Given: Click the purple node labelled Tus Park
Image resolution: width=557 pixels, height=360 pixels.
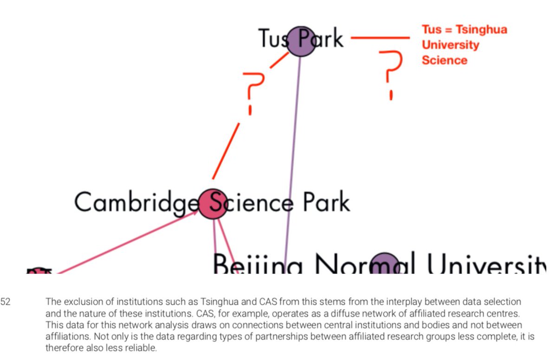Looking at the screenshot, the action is (x=301, y=41).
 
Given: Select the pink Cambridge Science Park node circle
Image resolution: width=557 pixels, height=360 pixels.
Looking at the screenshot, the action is (x=213, y=203).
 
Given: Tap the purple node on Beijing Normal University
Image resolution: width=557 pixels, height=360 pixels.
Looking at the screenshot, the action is (x=386, y=264).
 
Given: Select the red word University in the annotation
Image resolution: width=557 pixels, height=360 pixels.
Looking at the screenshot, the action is (x=450, y=45).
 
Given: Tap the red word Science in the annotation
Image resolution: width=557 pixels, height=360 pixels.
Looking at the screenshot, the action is (x=444, y=60).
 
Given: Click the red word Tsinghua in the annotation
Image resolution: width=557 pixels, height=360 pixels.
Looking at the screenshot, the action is (x=481, y=30).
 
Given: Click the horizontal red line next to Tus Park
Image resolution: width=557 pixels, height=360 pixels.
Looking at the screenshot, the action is (x=381, y=38).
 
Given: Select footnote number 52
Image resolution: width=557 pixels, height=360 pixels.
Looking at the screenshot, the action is (x=5, y=302).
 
